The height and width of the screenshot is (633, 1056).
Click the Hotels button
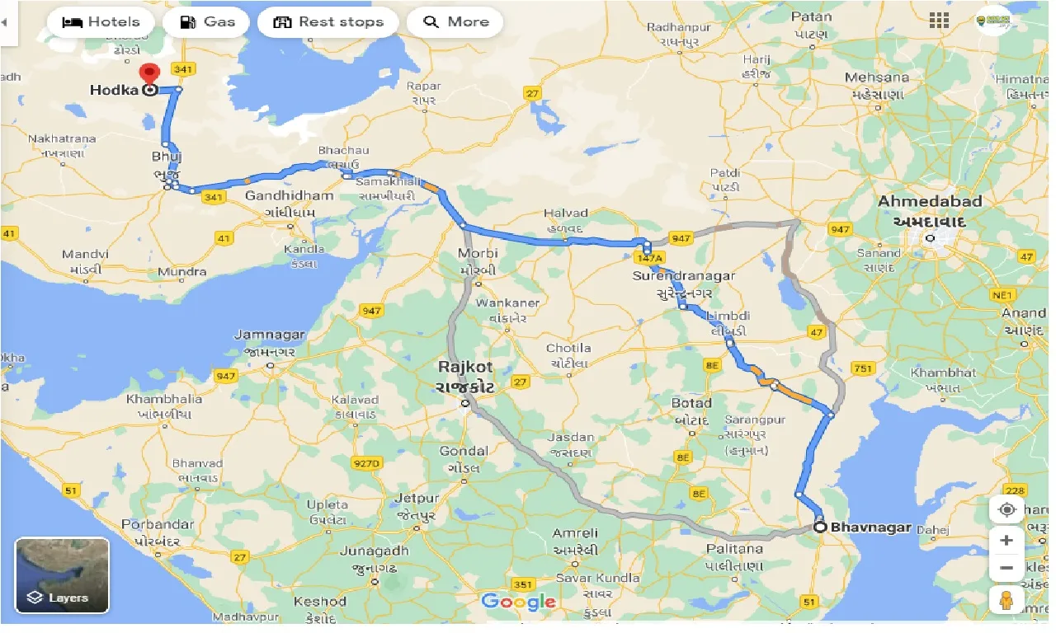click(100, 22)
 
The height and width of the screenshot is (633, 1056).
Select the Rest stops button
click(328, 22)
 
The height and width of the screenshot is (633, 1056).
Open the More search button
click(455, 22)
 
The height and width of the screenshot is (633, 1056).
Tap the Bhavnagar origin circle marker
click(820, 527)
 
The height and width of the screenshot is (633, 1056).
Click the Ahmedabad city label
click(929, 202)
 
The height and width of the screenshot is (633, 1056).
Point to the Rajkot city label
click(466, 367)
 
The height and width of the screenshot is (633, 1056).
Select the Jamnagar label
click(270, 335)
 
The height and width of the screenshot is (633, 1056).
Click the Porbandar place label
click(157, 525)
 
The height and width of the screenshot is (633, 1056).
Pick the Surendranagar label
click(683, 276)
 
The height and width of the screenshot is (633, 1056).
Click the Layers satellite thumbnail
click(62, 575)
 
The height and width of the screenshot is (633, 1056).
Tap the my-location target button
click(1006, 509)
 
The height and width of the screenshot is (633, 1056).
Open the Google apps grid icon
click(938, 21)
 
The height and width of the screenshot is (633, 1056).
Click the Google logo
click(518, 602)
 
